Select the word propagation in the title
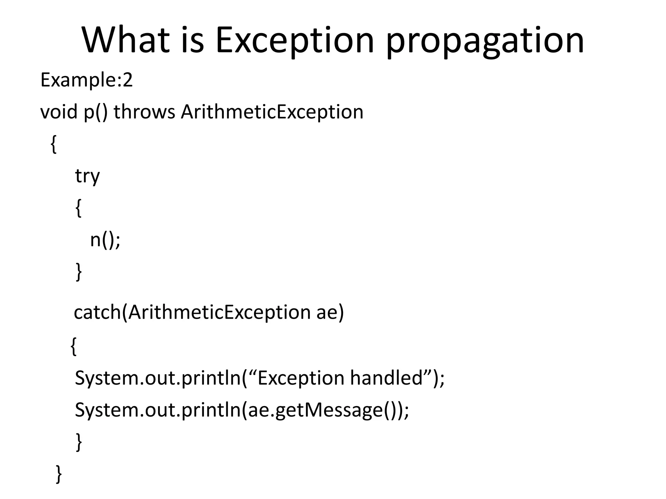pos(485,42)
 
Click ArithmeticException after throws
pos(272,112)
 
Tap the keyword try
pos(87,177)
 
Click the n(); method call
pos(105,240)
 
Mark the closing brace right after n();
pos(78,272)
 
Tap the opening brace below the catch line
pos(74,346)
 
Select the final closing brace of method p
pos(59,474)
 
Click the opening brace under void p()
pos(54,144)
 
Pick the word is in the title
pos(192,40)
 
